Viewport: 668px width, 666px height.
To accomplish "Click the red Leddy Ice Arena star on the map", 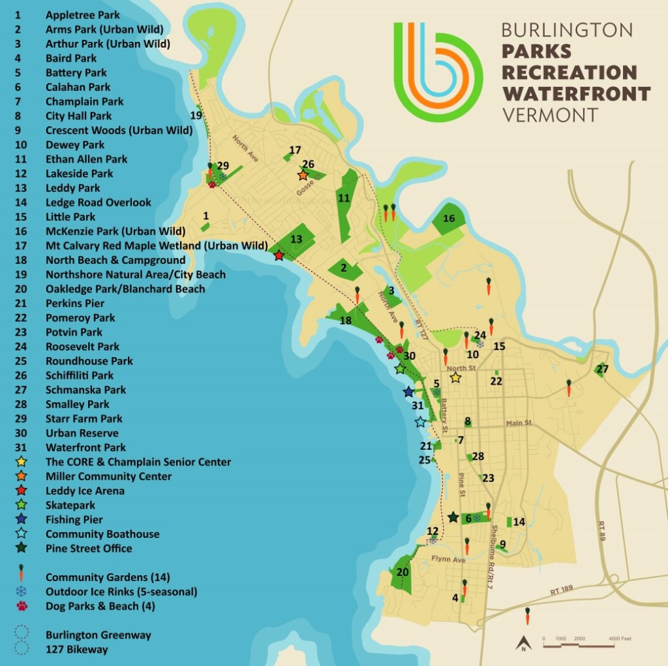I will (279, 255).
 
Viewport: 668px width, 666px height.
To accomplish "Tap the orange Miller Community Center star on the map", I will (303, 175).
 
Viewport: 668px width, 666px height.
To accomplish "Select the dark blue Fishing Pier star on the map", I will (408, 392).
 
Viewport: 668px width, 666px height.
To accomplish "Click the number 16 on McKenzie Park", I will (449, 219).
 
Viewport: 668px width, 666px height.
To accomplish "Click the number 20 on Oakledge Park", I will (403, 572).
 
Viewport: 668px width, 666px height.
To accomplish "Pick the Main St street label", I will (519, 423).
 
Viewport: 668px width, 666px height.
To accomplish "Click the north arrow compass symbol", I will (523, 644).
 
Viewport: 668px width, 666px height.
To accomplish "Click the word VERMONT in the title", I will (549, 115).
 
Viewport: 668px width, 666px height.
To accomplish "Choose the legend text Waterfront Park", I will (85, 448).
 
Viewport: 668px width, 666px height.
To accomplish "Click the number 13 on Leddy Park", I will (296, 239).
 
